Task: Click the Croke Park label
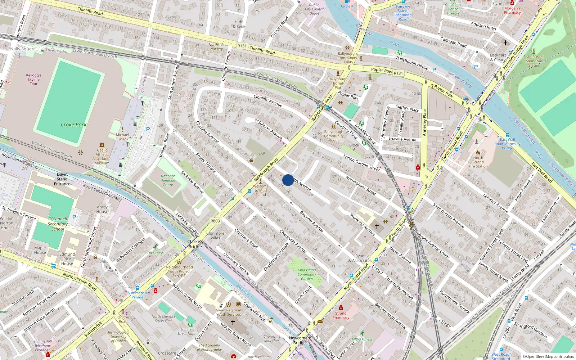pyautogui.click(x=73, y=125)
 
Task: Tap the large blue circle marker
pyautogui.click(x=288, y=180)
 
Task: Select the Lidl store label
pyautogui.click(x=262, y=153)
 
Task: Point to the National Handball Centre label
pyautogui.click(x=168, y=180)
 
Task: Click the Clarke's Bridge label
pyautogui.click(x=195, y=244)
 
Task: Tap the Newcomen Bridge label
pyautogui.click(x=299, y=340)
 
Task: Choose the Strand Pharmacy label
pyautogui.click(x=341, y=315)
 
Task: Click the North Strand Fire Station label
pyautogui.click(x=478, y=162)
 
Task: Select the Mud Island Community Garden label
pyautogui.click(x=307, y=274)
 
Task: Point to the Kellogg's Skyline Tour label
pyautogui.click(x=33, y=80)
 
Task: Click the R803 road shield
pyautogui.click(x=215, y=221)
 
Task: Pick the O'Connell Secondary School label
pyautogui.click(x=58, y=224)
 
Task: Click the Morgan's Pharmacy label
pyautogui.click(x=512, y=10)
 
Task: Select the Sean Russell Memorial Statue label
pyautogui.click(x=534, y=61)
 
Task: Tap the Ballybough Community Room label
pyautogui.click(x=334, y=136)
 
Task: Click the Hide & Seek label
pyautogui.click(x=239, y=24)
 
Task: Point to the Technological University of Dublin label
pyautogui.click(x=118, y=337)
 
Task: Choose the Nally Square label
pyautogui.click(x=23, y=49)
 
